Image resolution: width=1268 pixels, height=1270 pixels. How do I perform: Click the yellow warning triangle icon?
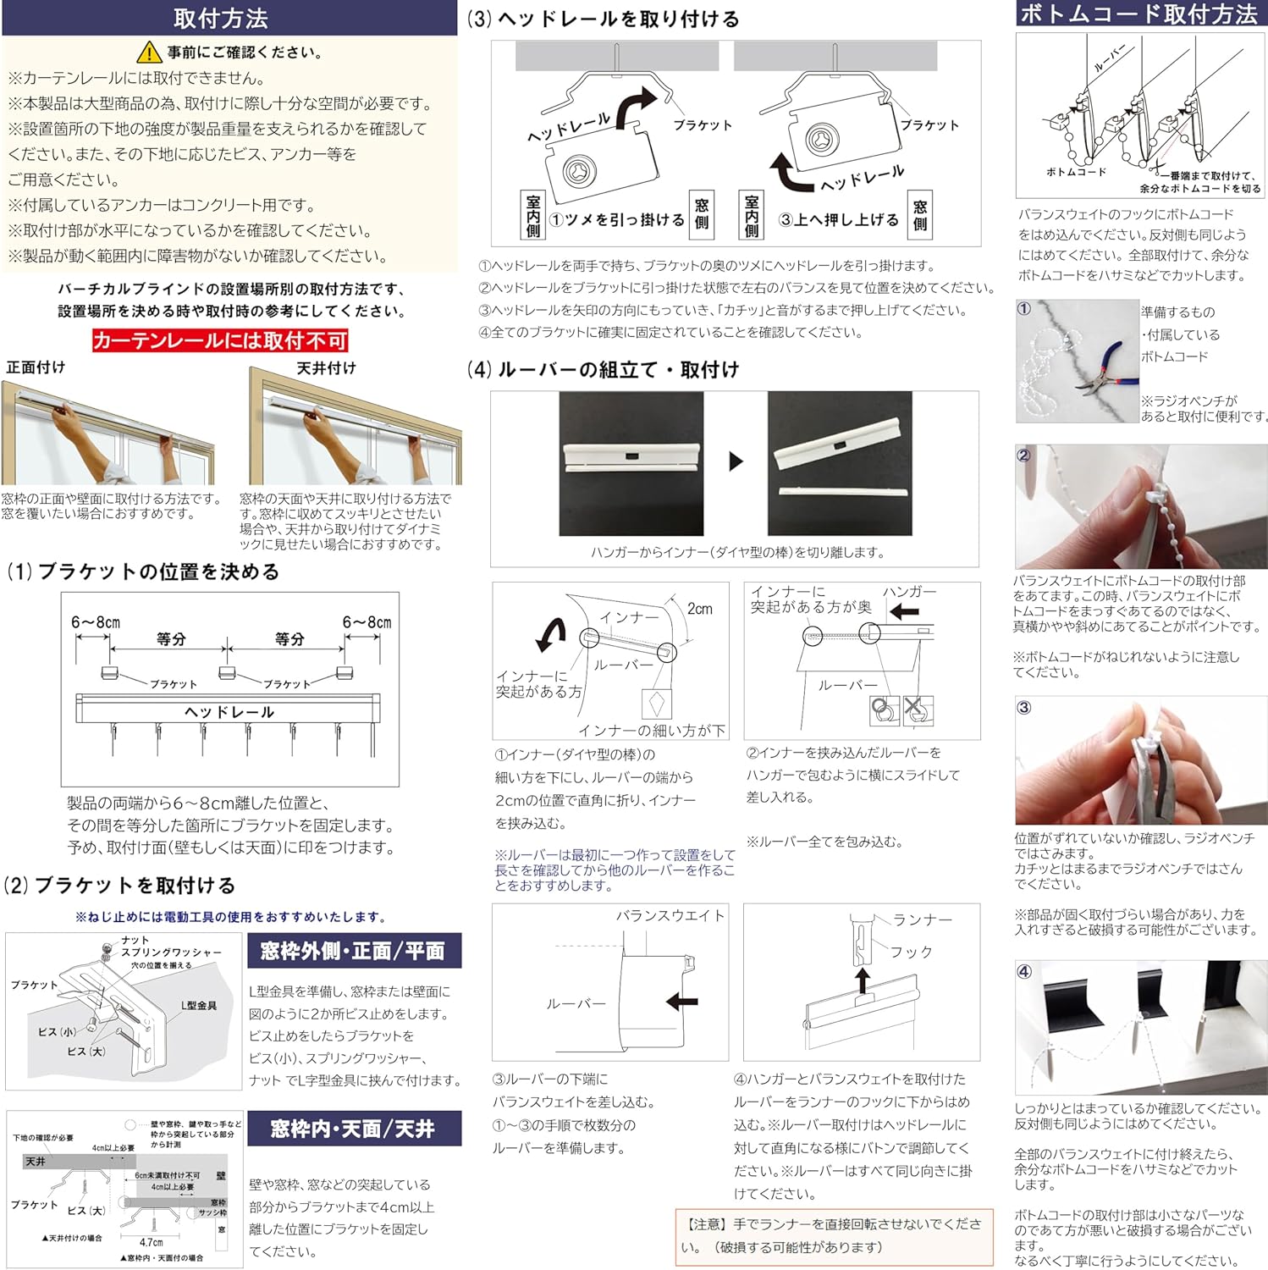149,52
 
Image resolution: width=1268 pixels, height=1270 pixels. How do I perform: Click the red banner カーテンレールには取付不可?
220,340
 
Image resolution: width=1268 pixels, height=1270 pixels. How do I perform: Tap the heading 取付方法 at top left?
220,18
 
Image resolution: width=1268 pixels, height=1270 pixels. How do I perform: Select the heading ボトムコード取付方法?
1138,14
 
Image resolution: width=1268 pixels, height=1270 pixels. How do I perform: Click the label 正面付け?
36,367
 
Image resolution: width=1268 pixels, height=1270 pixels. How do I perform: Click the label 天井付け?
326,368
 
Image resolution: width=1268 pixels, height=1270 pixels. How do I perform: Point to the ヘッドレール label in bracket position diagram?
229,712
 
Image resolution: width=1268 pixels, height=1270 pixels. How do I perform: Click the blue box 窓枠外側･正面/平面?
353,951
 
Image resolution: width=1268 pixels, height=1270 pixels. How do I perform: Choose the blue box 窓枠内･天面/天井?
353,1129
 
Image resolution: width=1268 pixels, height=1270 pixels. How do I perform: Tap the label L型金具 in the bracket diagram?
199,1005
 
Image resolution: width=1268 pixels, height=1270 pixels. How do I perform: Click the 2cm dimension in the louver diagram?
700,609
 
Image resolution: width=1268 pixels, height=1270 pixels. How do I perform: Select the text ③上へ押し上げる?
839,220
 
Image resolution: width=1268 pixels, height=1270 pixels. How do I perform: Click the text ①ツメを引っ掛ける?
617,220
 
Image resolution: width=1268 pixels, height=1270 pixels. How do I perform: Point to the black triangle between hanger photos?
736,461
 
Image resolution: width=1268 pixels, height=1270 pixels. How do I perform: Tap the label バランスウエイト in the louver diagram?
670,915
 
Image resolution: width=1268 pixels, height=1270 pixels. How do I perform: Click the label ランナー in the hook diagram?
923,919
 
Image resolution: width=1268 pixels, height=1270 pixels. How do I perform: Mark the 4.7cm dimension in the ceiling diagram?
152,1242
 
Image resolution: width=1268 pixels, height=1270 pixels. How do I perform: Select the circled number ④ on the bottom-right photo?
1024,971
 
